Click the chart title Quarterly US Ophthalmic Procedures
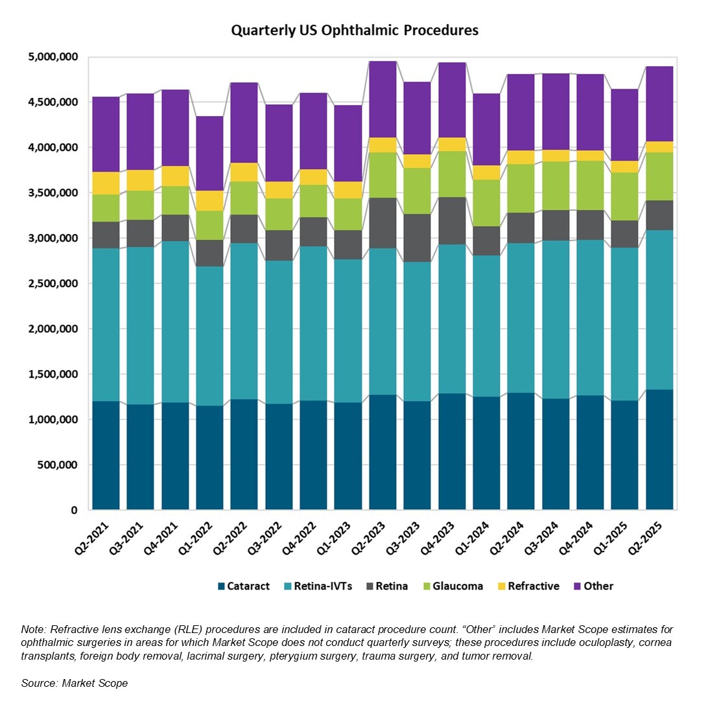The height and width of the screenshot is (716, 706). pos(355,30)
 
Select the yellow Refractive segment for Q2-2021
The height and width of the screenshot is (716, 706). pos(106,183)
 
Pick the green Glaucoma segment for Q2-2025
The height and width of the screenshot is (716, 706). pos(659,176)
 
